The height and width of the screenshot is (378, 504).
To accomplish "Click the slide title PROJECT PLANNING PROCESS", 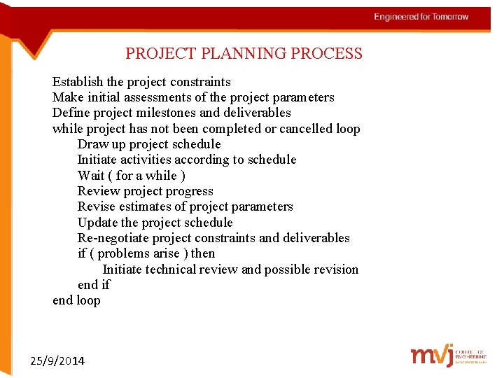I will (x=244, y=53).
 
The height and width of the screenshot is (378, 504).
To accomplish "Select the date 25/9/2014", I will (x=58, y=361).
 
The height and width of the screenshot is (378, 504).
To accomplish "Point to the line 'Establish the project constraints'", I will (x=141, y=82).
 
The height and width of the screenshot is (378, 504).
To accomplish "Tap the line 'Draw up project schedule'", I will (x=149, y=144).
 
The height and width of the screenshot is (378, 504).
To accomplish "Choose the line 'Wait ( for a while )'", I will (x=132, y=176).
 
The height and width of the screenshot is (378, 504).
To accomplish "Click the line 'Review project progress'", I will (x=146, y=191).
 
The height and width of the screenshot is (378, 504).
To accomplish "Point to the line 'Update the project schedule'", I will (x=155, y=223).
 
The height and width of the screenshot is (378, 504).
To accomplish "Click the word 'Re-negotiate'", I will (x=113, y=238).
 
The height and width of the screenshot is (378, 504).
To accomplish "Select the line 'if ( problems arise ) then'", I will (x=146, y=253).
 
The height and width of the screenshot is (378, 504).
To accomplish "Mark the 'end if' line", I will (x=94, y=285).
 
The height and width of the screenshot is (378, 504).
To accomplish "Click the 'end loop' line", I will (x=76, y=300).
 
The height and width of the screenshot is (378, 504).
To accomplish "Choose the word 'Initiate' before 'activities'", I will (x=98, y=160).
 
